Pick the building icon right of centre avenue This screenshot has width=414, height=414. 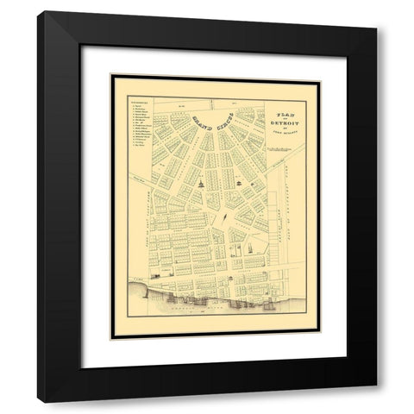point(237,183)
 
